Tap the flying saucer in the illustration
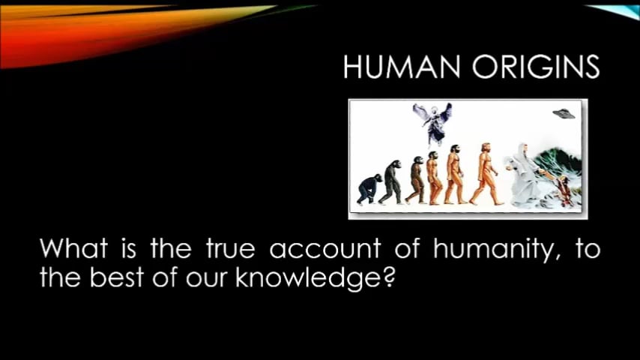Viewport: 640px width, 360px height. pyautogui.click(x=563, y=114)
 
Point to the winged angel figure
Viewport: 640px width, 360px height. pyautogui.click(x=432, y=122)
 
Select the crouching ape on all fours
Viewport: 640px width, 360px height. pyautogui.click(x=368, y=189)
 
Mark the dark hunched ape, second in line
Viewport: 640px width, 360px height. pyautogui.click(x=390, y=183)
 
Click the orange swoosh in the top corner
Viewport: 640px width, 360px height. pyautogui.click(x=112, y=30)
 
